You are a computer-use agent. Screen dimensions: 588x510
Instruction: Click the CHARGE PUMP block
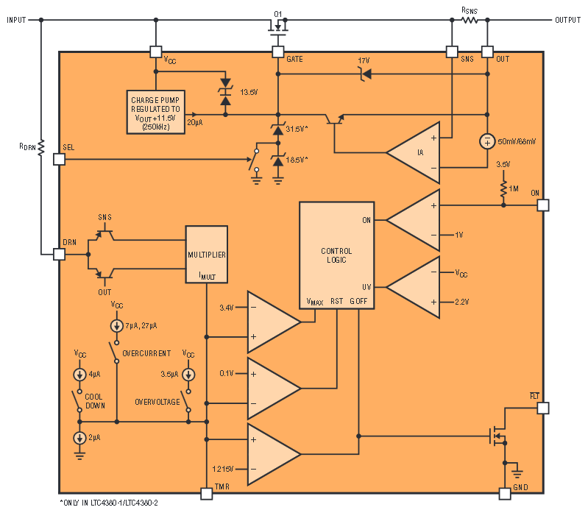pyautogui.click(x=155, y=112)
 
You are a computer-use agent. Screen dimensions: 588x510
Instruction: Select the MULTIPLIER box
pyautogui.click(x=207, y=254)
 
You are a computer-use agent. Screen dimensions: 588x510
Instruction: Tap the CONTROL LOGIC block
pyautogui.click(x=336, y=255)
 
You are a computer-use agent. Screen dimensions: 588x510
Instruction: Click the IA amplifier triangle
pyautogui.click(x=413, y=152)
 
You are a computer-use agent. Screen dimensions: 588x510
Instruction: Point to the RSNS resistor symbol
pyautogui.click(x=470, y=20)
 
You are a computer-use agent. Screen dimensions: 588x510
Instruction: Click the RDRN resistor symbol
pyautogui.click(x=41, y=147)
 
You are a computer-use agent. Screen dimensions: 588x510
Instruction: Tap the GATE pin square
pyautogui.click(x=278, y=52)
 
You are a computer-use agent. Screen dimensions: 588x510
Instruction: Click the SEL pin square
pyautogui.click(x=60, y=160)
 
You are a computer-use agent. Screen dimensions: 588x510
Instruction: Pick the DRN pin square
pyautogui.click(x=60, y=255)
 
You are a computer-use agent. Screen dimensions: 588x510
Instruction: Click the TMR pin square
pyautogui.click(x=207, y=494)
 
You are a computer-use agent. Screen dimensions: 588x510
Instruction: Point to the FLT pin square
pyautogui.click(x=543, y=408)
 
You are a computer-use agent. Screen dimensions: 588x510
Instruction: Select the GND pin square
pyautogui.click(x=505, y=494)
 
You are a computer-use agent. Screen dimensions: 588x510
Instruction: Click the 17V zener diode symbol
pyautogui.click(x=365, y=74)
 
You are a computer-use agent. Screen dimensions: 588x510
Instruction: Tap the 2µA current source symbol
pyautogui.click(x=79, y=438)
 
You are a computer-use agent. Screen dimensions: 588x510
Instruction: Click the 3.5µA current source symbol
pyautogui.click(x=188, y=375)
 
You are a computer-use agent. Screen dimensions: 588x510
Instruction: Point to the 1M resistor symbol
pyautogui.click(x=503, y=188)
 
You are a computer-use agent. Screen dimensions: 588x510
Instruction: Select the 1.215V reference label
pyautogui.click(x=223, y=469)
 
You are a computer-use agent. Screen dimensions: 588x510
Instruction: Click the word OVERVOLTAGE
pyautogui.click(x=157, y=402)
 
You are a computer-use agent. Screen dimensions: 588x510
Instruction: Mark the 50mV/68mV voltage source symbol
pyautogui.click(x=487, y=141)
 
